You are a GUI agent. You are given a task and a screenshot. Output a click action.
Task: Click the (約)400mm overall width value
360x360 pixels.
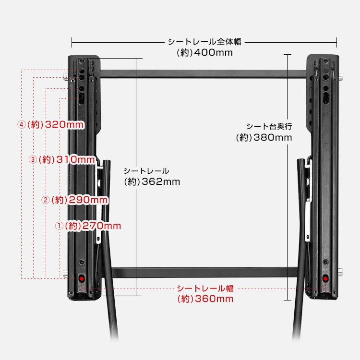click(204, 52)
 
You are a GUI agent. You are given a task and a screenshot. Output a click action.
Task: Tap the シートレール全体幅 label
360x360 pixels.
click(204, 42)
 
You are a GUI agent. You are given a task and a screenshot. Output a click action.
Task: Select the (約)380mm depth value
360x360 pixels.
click(264, 138)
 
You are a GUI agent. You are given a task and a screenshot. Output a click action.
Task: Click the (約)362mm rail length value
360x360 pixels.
click(152, 182)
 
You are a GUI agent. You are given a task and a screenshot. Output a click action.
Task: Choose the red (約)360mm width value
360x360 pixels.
click(205, 299)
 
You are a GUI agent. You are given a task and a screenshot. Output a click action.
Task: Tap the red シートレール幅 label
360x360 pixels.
click(205, 288)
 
